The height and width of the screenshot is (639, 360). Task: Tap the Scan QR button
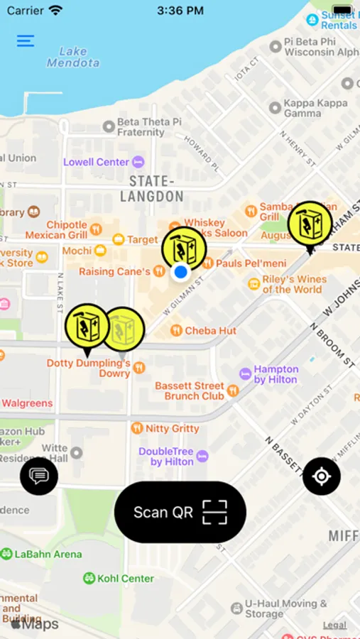(180, 512)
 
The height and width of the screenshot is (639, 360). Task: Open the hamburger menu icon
(26, 40)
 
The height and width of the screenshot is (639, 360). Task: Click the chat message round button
(39, 476)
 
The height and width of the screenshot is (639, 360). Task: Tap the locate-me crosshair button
(321, 476)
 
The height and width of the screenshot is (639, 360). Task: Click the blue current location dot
(181, 271)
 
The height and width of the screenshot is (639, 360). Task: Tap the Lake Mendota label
(73, 57)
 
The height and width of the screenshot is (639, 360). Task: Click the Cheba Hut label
(210, 331)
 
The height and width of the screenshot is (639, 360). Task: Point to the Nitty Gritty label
(172, 429)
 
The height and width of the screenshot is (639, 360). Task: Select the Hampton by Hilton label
(276, 374)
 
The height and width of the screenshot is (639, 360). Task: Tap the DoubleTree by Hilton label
(166, 457)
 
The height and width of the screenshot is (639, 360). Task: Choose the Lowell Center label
(97, 162)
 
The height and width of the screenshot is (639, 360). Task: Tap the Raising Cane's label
(114, 271)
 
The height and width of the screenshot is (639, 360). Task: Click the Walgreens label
(27, 403)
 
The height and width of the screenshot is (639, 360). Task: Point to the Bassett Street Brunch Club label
(190, 390)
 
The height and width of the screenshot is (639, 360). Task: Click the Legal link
(334, 625)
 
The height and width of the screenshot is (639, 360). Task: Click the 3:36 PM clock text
(180, 11)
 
